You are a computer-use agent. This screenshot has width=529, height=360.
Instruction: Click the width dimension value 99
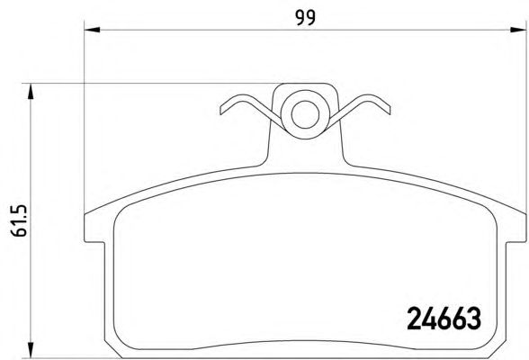(x=306, y=18)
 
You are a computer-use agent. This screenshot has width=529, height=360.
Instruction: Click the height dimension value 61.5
(x=19, y=220)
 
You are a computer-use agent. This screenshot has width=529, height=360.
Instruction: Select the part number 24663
(x=444, y=319)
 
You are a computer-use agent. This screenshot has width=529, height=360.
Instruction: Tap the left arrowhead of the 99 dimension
(x=92, y=30)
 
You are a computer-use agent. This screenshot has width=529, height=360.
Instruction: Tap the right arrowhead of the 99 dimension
(x=518, y=30)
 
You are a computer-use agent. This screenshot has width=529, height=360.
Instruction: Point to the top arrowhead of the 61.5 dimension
(x=31, y=91)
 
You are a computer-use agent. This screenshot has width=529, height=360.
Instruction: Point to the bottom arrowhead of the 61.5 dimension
(x=31, y=350)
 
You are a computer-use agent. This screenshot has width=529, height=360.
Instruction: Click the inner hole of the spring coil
(x=305, y=114)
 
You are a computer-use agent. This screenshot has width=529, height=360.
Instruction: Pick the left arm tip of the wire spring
(x=221, y=110)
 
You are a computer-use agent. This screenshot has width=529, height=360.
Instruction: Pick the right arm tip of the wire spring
(x=389, y=110)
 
